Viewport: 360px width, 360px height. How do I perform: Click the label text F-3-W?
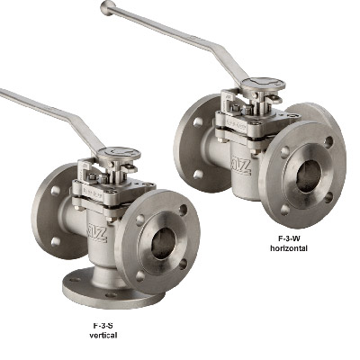(282, 238)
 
